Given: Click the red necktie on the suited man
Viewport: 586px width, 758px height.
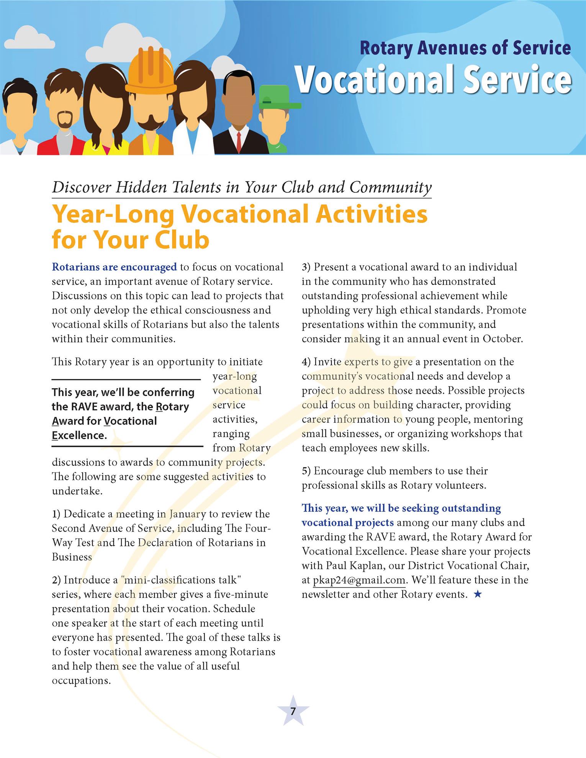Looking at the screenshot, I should point(239,142).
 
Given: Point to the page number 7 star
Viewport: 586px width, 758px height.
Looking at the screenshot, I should point(293,711).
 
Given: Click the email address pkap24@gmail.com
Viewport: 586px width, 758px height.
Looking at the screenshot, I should point(359,580).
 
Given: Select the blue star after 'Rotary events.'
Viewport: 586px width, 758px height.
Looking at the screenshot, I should point(477,595).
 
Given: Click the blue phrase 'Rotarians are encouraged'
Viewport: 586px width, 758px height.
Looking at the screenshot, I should point(114,267).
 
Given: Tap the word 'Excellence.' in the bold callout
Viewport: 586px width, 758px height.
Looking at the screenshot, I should point(79,435).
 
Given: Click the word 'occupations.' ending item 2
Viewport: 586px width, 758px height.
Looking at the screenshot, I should point(82,680).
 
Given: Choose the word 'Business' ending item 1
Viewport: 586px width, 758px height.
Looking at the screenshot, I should point(72,557).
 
